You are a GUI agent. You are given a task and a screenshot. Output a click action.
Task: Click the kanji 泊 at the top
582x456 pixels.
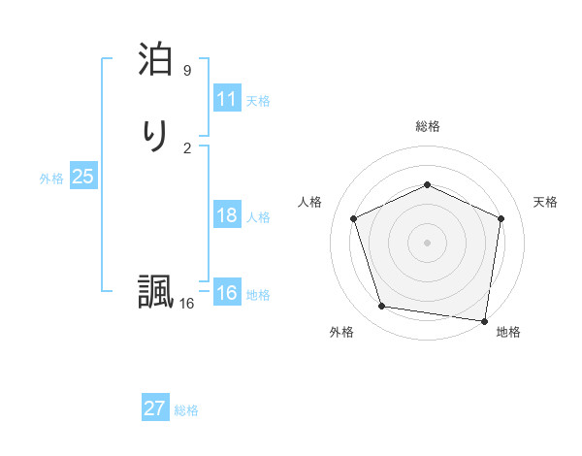click(154, 61)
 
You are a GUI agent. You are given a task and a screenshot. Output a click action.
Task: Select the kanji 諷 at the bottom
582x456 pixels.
click(154, 292)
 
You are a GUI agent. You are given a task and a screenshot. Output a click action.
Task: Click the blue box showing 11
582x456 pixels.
click(227, 99)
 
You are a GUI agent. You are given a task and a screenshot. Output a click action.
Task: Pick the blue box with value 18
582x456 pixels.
click(227, 215)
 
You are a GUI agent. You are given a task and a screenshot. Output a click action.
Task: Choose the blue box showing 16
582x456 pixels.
click(227, 293)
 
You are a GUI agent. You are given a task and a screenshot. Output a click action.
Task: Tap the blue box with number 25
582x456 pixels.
click(82, 177)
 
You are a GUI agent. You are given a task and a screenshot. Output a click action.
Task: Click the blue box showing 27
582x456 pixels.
click(155, 408)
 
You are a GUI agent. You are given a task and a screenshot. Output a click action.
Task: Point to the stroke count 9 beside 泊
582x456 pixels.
click(187, 71)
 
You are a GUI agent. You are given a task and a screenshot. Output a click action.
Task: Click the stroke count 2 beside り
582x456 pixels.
click(187, 147)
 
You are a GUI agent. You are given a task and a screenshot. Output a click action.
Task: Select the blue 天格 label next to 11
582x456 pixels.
click(258, 101)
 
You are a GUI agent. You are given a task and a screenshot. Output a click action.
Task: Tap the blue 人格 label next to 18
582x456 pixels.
click(258, 217)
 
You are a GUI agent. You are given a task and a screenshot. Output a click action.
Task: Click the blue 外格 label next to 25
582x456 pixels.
click(51, 179)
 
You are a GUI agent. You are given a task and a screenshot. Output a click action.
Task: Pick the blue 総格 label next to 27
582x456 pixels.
click(186, 410)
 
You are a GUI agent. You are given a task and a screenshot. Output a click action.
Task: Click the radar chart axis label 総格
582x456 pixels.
click(427, 126)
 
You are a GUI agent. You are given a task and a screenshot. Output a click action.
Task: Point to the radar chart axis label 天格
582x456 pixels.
click(545, 202)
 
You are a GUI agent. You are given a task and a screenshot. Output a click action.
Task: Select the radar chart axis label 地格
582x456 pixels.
click(508, 332)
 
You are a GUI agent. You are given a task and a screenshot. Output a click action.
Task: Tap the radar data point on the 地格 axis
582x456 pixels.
click(485, 320)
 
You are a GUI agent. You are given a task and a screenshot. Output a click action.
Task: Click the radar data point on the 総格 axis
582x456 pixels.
click(427, 184)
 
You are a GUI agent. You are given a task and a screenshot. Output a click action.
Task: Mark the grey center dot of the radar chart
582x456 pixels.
click(427, 242)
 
